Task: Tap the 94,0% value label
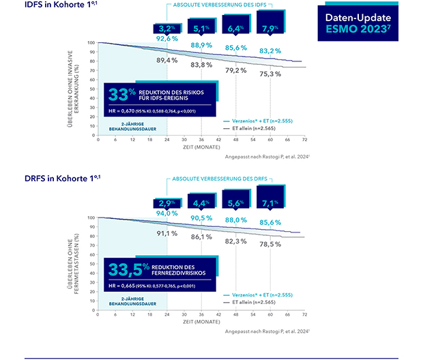[168, 214]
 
